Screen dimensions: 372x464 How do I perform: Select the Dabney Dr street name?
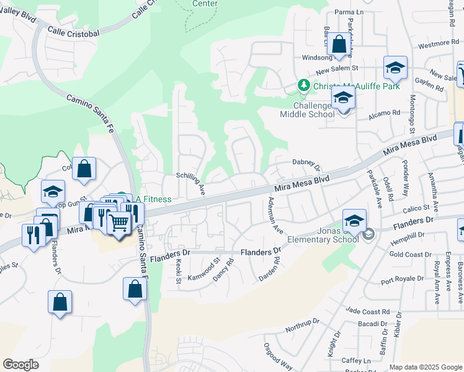tap(305, 164)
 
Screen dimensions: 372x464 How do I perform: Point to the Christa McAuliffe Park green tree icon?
tap(304, 85)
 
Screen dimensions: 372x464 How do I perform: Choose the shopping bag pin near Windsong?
tap(339, 45)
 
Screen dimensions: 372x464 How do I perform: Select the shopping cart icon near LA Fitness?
tap(120, 221)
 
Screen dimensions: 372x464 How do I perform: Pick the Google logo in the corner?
tap(20, 365)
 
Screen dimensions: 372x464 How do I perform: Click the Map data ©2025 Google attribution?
tap(426, 367)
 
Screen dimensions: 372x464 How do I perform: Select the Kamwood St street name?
tap(204, 269)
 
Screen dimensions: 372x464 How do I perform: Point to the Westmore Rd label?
tap(438, 45)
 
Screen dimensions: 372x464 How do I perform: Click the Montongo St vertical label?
tap(411, 114)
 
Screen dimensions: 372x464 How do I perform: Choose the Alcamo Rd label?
tap(386, 113)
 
